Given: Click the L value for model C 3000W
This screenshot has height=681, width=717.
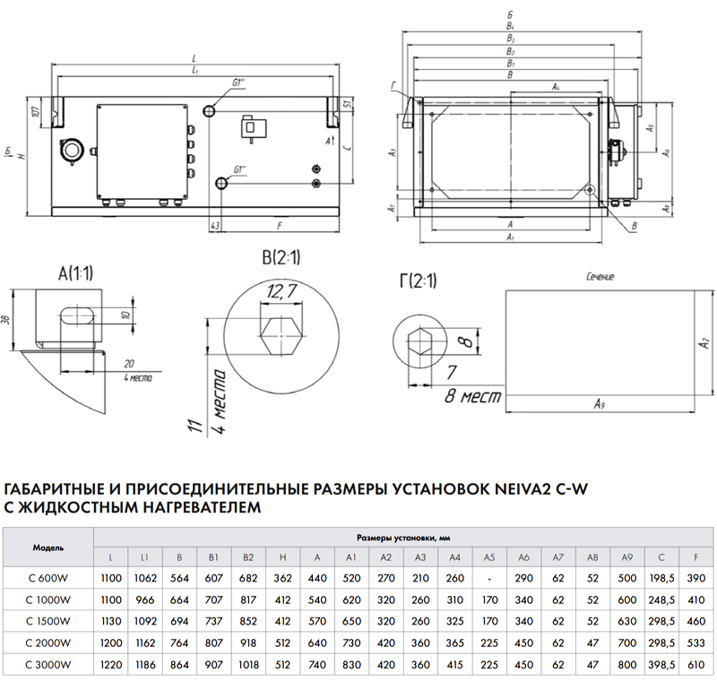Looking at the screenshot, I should click(112, 664).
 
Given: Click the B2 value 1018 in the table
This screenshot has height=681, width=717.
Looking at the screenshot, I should click(249, 664).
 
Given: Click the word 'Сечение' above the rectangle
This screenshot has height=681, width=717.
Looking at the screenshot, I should click(600, 277).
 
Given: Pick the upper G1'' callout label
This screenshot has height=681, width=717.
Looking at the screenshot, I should click(240, 84).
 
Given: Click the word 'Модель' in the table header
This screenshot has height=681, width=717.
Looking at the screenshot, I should click(48, 546).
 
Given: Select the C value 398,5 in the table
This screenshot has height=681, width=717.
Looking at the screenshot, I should click(661, 664).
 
